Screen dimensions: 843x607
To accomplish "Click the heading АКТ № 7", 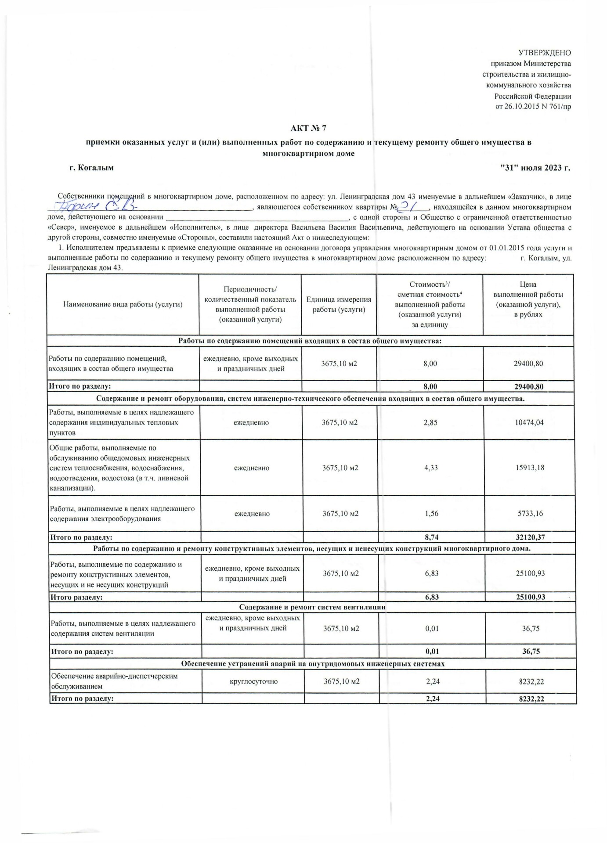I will coord(309,129).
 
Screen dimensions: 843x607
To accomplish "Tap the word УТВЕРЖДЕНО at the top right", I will coord(545,53).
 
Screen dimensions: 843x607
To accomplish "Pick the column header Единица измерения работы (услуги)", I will coord(339,304).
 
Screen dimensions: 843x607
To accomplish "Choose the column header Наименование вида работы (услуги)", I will coord(123,304).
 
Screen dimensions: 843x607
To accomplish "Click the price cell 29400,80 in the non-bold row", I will coord(528,364).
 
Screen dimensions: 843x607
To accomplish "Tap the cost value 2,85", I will coord(430,422).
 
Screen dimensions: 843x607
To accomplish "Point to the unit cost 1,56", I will coord(431,513).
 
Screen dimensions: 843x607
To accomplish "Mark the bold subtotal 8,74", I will coord(431,537).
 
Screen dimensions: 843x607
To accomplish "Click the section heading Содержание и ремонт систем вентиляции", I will coord(312,607).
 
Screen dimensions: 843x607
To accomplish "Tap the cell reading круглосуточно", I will coord(253,682).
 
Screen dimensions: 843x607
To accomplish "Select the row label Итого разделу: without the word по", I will coord(77,597).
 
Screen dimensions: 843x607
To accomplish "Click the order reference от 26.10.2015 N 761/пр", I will coord(533,107).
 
